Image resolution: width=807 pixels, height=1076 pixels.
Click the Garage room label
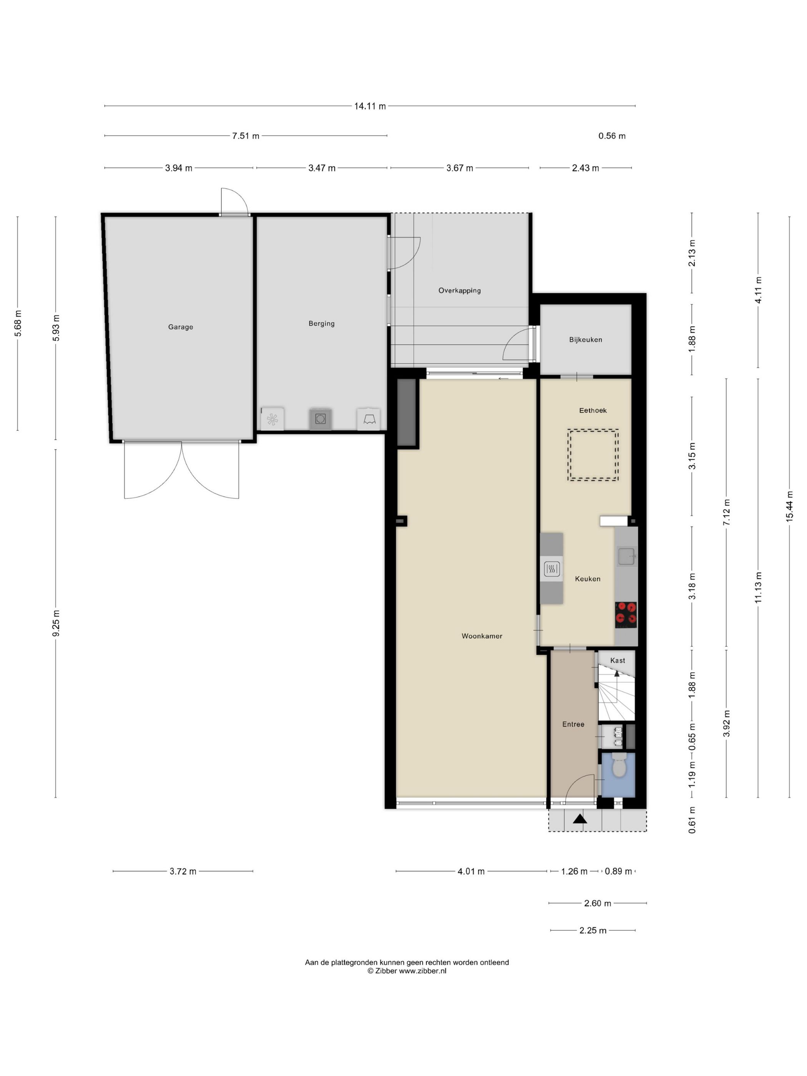(181, 327)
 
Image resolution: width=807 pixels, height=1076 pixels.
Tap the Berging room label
(322, 324)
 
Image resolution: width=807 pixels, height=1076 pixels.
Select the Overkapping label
(460, 291)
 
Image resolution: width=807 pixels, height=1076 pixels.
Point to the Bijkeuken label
(586, 340)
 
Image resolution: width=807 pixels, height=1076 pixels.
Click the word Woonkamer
(482, 636)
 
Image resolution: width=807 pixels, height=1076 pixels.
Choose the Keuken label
(588, 579)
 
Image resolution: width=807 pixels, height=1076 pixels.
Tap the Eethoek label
(593, 410)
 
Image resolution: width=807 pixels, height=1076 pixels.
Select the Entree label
(573, 724)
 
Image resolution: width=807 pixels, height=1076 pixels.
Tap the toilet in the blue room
(619, 765)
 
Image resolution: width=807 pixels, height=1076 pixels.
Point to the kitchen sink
(626, 556)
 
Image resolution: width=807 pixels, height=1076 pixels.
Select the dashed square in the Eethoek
(593, 455)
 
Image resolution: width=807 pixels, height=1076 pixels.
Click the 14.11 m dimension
(370, 106)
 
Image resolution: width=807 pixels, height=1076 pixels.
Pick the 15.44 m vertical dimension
(789, 507)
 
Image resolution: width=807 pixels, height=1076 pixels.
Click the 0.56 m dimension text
(612, 136)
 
